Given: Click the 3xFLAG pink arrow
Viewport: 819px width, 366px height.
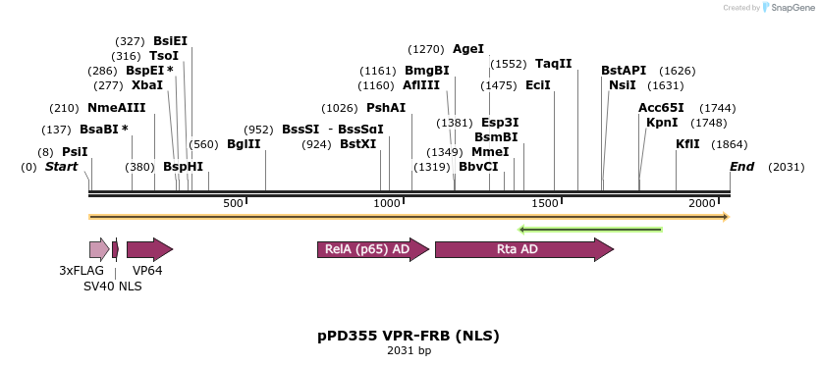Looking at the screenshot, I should tap(98, 249).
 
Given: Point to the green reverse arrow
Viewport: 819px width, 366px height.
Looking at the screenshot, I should tap(590, 230).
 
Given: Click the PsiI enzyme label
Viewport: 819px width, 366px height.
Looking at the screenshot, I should tap(75, 152).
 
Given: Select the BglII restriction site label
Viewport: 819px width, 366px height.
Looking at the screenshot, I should tap(244, 143).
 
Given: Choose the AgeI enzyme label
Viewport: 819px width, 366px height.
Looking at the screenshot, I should tap(467, 48).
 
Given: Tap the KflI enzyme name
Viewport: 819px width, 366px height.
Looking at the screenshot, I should tap(687, 143).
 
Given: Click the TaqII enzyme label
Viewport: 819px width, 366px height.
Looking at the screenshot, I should tap(554, 63).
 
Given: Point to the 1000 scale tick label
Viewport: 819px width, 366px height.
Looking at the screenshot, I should tap(389, 203).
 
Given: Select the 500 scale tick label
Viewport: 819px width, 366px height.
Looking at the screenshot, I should tap(233, 203).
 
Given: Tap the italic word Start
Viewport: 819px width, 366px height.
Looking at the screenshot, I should tap(61, 167).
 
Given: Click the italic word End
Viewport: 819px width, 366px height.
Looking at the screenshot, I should tap(741, 167).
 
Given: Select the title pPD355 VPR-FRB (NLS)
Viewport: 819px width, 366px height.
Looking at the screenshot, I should tap(409, 336).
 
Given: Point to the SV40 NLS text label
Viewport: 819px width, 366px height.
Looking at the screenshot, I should tap(112, 286).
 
